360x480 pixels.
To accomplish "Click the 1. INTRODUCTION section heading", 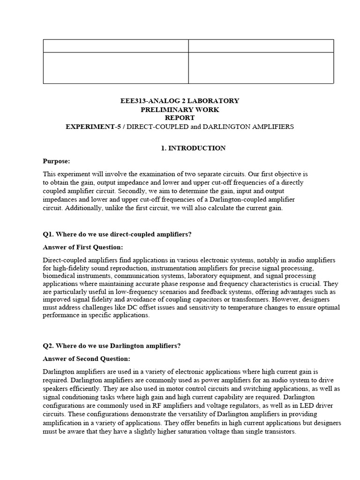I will click(x=193, y=148).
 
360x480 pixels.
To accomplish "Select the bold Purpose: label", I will click(x=56, y=161).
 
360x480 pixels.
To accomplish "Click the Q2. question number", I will click(x=49, y=346).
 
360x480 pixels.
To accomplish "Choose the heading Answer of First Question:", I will click(x=83, y=247).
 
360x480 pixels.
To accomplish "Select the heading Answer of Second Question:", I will click(x=86, y=359).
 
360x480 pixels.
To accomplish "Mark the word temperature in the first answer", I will click(x=239, y=307).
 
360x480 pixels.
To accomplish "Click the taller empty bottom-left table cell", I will click(x=116, y=67).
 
